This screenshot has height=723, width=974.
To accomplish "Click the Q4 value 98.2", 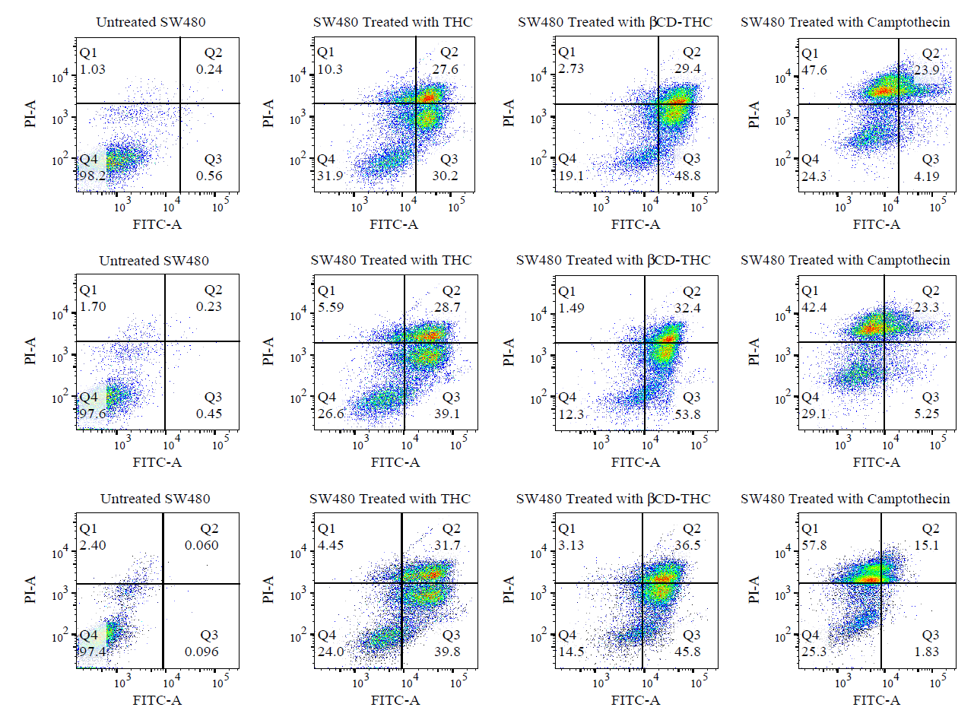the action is point(93,176).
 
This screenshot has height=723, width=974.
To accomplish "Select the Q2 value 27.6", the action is point(445,69).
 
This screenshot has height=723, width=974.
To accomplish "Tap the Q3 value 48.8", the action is point(687,176).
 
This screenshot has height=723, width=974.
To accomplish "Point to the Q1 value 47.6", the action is point(814,70).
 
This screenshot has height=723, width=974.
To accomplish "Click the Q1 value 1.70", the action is point(93,306).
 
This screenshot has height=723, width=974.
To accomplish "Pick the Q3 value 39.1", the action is point(446,414).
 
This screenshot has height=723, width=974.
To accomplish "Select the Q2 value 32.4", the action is point(687,309).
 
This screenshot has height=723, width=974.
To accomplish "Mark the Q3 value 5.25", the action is point(926,414).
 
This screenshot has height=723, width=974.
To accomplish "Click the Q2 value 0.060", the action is point(201,546).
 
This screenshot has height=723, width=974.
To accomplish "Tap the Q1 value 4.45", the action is point(331,546).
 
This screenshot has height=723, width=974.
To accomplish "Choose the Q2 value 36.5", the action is point(687,546).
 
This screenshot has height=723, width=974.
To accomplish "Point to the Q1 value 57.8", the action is point(814,546).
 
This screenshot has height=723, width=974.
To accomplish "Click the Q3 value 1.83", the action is point(926,652).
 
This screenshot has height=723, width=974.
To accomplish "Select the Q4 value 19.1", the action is point(571,176).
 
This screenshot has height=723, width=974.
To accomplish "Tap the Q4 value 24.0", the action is point(331,652).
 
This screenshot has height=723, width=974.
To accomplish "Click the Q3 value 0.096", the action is point(201,652).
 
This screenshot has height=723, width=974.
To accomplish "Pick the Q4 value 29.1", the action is point(814,414).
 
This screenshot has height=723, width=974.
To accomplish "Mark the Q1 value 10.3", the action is point(330,69).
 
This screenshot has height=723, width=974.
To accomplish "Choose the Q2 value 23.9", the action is point(926,70).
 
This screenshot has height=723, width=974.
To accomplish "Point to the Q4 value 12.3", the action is point(571,414).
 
